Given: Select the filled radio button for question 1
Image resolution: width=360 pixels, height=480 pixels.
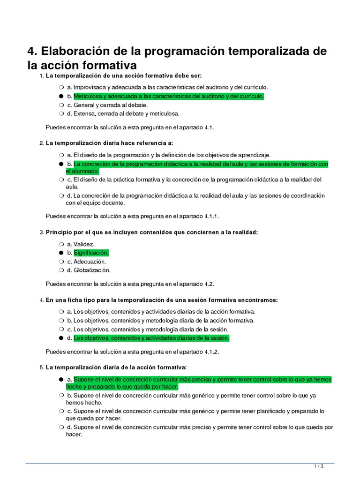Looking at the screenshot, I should pos(61,96).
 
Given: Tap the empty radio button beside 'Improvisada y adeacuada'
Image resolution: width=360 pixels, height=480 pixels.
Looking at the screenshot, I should pos(61,88).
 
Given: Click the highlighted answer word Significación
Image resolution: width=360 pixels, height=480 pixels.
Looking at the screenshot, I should pos(91,253).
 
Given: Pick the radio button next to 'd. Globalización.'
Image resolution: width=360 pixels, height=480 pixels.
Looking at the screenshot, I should pos(61,270).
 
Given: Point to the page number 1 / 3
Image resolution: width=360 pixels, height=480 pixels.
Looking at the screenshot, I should pos(318,466).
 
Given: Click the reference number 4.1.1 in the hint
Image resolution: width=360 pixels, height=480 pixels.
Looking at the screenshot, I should pos(211,216).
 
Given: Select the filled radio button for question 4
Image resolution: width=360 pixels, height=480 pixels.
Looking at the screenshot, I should pos(61,338).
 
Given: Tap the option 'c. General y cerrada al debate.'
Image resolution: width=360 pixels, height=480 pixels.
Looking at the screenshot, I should pos(107,105).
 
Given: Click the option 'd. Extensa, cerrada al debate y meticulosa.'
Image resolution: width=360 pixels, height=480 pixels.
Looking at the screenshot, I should pos(123,113).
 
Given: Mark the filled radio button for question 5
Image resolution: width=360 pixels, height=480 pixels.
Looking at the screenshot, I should pos(61,379).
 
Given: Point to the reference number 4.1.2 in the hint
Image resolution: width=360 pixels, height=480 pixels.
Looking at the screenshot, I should pos(211,352).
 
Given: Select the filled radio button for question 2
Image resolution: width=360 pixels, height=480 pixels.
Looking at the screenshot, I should pos(61,164).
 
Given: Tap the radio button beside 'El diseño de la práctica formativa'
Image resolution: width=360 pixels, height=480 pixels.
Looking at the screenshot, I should pos(61,180).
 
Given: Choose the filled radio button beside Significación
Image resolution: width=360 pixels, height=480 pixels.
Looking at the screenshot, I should pos(61,253).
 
